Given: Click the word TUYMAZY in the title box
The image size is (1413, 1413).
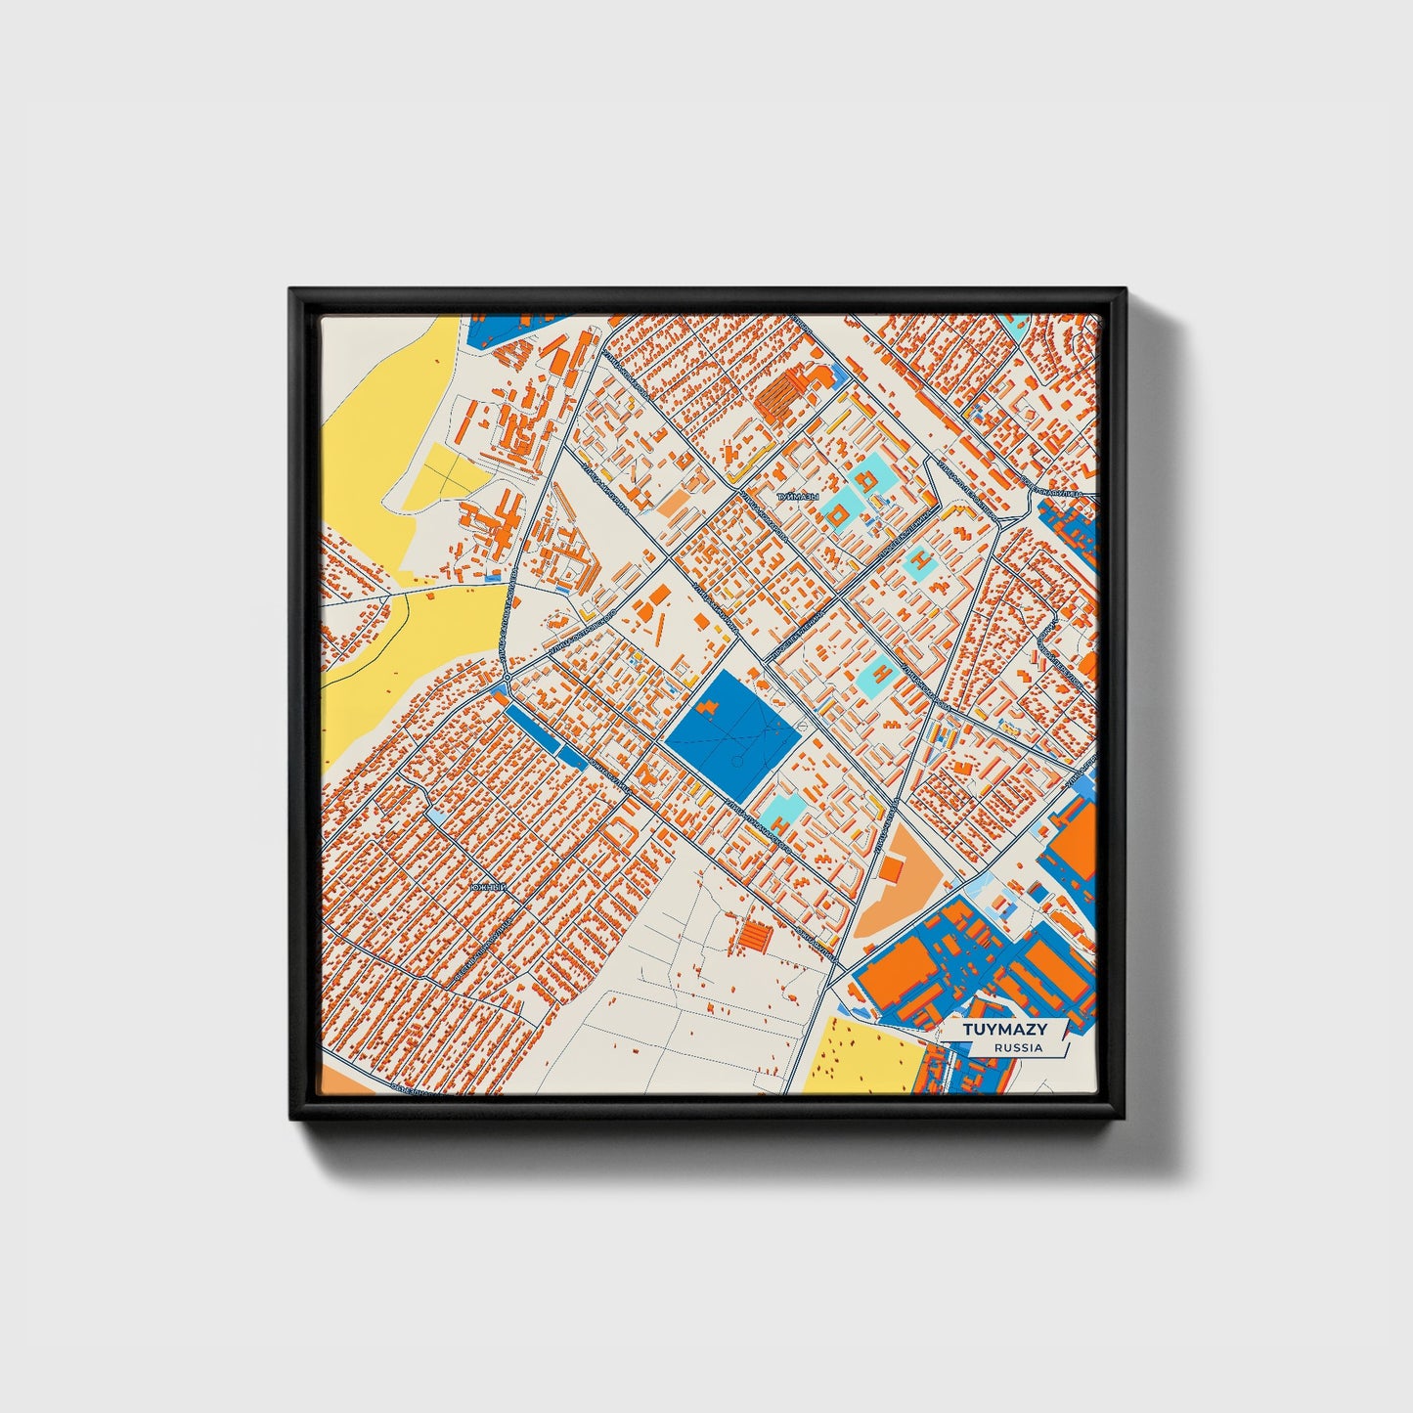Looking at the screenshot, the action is pos(1004,1030).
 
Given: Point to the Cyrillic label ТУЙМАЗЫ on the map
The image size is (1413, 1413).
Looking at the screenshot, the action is pos(797,498).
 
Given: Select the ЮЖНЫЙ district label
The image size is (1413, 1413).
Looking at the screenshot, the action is pos(488,887).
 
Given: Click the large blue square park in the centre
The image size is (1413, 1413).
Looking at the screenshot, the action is pos(728,733).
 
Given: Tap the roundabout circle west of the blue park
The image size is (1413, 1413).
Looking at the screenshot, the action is pos(507,677).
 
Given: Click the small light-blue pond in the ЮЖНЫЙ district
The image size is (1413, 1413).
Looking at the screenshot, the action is pos(435,814).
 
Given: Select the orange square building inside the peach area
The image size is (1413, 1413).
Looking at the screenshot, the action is pos(891,869).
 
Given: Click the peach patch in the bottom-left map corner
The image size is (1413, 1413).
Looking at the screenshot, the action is pos(337,1081).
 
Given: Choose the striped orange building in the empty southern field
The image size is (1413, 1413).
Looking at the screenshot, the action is pos(755,937).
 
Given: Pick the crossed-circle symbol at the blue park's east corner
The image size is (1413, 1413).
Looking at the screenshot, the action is pos(801,726).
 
